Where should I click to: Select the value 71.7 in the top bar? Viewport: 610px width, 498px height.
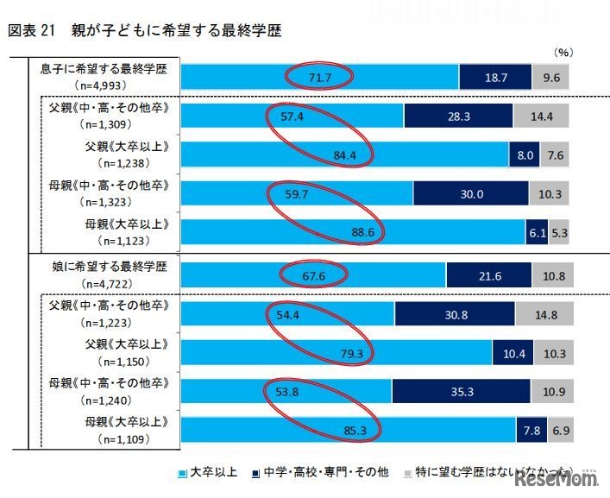(x=320, y=78)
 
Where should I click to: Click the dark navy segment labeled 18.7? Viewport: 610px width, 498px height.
(x=494, y=78)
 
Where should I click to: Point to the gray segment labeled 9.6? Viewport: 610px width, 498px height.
(x=551, y=78)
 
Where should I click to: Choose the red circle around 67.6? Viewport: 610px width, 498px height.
(x=315, y=275)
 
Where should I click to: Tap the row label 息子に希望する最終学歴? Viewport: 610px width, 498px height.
(x=104, y=69)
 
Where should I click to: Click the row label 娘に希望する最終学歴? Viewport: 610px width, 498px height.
(x=104, y=268)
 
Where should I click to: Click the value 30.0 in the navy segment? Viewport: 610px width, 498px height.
(x=471, y=194)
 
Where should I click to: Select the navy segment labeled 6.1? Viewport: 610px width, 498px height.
(x=534, y=232)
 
